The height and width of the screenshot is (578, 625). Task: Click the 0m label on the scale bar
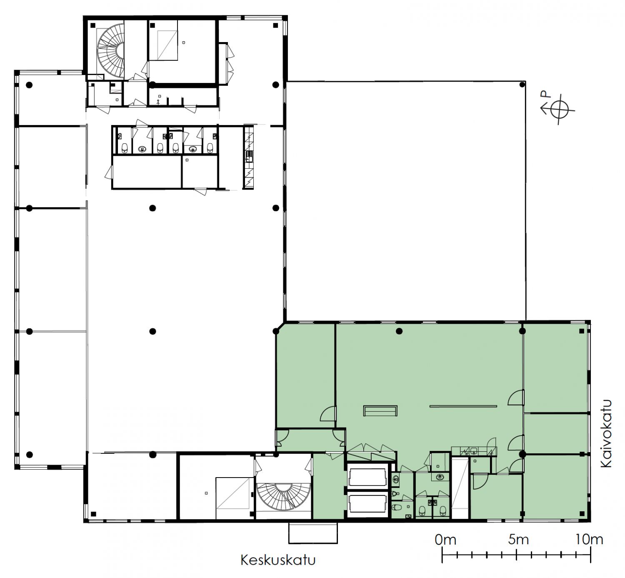pyautogui.click(x=445, y=540)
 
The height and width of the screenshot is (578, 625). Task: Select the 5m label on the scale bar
pyautogui.click(x=518, y=540)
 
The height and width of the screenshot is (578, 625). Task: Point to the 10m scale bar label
pyautogui.click(x=590, y=540)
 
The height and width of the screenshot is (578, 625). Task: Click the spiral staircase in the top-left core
pyautogui.click(x=110, y=50)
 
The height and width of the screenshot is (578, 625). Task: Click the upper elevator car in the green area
pyautogui.click(x=367, y=477)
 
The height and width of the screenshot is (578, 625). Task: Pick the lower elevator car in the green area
pyautogui.click(x=367, y=504)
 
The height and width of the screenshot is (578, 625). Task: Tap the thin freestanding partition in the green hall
pyautogui.click(x=463, y=406)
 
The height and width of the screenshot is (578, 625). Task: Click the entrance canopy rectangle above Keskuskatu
pyautogui.click(x=313, y=533)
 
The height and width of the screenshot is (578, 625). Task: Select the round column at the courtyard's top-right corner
pyautogui.click(x=522, y=84)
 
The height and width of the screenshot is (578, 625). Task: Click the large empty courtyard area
pyautogui.click(x=406, y=201)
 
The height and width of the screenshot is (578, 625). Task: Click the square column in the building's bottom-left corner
pyautogui.click(x=93, y=514)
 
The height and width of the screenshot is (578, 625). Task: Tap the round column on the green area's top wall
pyautogui.click(x=399, y=331)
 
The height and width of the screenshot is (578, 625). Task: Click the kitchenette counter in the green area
pyautogui.click(x=474, y=451)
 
